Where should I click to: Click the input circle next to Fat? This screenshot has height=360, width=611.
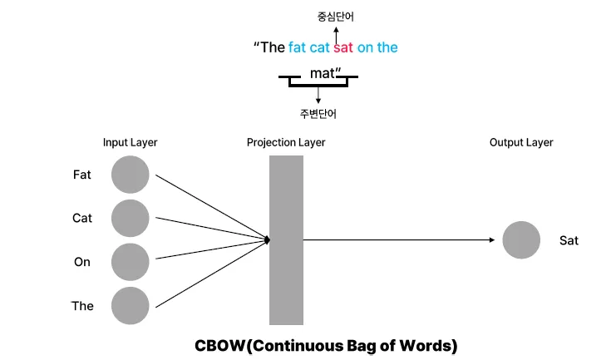[x=130, y=175]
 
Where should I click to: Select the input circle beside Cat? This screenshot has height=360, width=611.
[x=130, y=219]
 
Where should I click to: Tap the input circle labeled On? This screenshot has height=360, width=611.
[x=130, y=262]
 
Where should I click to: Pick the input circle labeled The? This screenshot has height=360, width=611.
[x=130, y=306]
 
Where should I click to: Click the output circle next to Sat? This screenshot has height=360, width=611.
[x=522, y=241]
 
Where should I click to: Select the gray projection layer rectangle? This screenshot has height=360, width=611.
[x=286, y=240]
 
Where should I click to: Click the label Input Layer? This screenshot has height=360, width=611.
[x=130, y=143]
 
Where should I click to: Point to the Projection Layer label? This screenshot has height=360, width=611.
[x=286, y=143]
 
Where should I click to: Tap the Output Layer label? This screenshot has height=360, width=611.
[x=521, y=143]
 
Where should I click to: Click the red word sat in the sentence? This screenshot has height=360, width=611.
[x=343, y=47]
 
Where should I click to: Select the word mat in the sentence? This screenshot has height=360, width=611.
[x=322, y=73]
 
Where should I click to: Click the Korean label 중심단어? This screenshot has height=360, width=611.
[x=336, y=16]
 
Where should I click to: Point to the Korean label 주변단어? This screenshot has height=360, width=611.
[x=318, y=114]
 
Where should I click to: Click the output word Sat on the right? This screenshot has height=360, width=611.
[x=569, y=241]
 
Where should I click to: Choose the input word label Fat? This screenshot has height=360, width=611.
[x=82, y=175]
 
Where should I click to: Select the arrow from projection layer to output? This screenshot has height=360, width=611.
[x=399, y=240]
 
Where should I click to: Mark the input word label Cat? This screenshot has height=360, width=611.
[x=82, y=219]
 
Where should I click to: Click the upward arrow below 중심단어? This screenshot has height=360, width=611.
[x=336, y=31]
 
